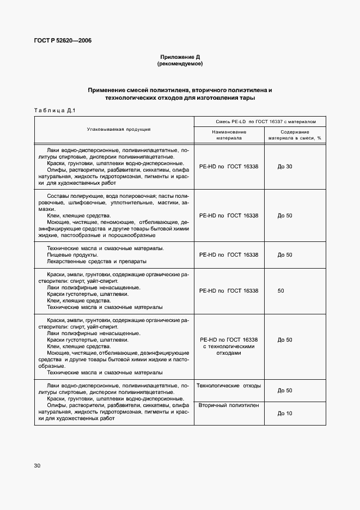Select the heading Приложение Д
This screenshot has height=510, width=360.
180,57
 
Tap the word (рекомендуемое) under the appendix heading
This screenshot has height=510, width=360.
180,64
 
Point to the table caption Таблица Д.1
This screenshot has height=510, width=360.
54,111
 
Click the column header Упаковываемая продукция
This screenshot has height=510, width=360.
118,129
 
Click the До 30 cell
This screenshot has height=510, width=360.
285,166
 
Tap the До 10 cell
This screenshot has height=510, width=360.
285,414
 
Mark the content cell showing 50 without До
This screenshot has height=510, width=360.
280,291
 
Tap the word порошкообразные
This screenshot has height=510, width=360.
135,235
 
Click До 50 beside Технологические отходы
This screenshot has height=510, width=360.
285,391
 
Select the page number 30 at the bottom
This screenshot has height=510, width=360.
37,465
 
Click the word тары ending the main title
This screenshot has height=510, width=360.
248,98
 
